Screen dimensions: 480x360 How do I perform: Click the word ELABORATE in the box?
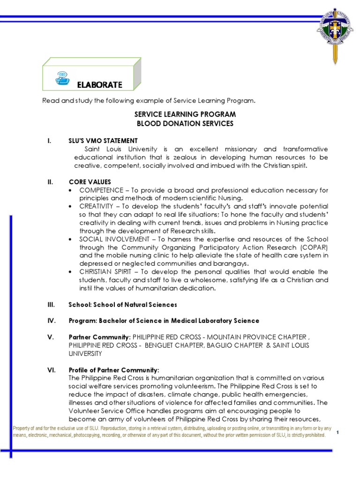pyautogui.click(x=99, y=85)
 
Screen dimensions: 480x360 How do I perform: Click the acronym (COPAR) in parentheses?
pyautogui.click(x=313, y=247)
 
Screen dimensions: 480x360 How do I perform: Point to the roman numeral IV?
pyautogui.click(x=51, y=321)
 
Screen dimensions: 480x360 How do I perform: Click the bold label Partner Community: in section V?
pyautogui.click(x=100, y=337)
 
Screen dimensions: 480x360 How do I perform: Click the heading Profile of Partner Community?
pyautogui.click(x=114, y=370)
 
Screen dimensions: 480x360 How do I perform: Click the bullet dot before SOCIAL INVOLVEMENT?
pyautogui.click(x=70, y=239)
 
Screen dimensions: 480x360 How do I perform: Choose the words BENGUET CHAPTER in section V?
pyautogui.click(x=166, y=345)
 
